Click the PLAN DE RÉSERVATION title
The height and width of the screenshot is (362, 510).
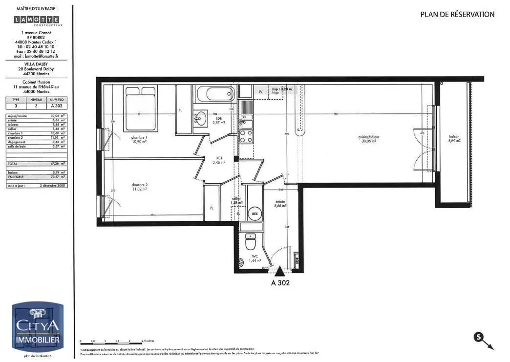[457, 14]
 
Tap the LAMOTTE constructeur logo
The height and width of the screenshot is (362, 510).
[37, 20]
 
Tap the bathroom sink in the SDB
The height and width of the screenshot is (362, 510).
[200, 118]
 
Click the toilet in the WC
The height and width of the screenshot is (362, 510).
[250, 242]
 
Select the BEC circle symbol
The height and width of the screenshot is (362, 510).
[255, 213]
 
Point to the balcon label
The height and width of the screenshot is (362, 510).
[454, 138]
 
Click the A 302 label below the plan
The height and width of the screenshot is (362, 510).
[280, 282]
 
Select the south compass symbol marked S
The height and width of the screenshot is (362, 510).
[478, 337]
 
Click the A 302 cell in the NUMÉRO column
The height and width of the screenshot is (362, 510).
[56, 106]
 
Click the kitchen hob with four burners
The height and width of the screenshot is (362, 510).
[246, 135]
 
